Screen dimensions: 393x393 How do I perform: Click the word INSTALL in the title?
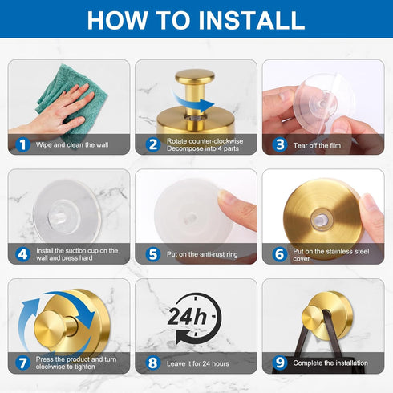click(x=251, y=20)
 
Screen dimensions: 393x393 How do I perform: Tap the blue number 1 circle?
click(x=22, y=145)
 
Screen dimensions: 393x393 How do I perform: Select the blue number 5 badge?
click(x=153, y=254)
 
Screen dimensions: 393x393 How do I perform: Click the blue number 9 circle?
click(x=280, y=363)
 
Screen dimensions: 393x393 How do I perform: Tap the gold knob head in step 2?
click(x=195, y=75)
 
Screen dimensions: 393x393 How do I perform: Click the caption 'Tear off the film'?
click(x=317, y=145)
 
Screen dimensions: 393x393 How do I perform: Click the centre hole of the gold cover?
click(x=320, y=221)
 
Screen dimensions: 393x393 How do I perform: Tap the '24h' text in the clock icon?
click(x=187, y=317)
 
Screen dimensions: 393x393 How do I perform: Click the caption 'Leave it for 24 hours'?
click(x=198, y=363)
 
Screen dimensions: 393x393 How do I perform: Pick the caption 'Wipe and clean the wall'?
click(x=72, y=145)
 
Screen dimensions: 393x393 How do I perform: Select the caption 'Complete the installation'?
click(x=330, y=363)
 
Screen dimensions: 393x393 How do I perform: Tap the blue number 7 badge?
click(x=22, y=363)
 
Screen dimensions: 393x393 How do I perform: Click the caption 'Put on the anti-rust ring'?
click(x=202, y=254)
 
